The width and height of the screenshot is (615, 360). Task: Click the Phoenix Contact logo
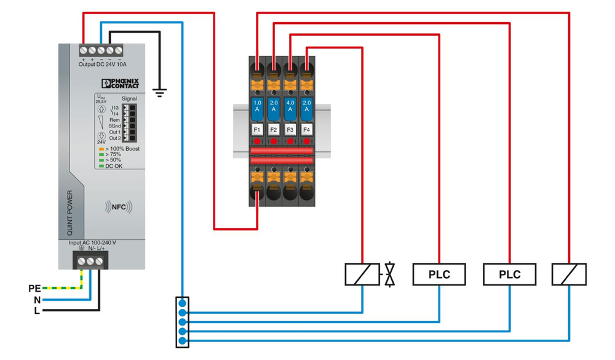[x=121, y=83]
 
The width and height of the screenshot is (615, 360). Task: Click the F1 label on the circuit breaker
[x=258, y=130]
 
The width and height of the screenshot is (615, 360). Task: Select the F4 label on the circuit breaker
[x=306, y=130]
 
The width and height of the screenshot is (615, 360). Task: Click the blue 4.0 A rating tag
[x=290, y=105]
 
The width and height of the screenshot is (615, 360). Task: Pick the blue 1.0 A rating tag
[x=258, y=105]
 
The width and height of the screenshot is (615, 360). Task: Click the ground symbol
[x=161, y=93]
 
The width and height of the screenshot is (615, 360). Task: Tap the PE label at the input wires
[x=34, y=288]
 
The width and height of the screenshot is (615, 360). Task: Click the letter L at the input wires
[x=37, y=311]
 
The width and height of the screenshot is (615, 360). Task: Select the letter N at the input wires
[x=37, y=300]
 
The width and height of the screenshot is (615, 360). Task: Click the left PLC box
[x=439, y=274]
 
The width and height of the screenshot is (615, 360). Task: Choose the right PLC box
[x=509, y=274]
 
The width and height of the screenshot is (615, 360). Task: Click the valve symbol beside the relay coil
[x=389, y=274]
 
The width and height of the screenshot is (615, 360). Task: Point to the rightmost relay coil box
[x=569, y=274]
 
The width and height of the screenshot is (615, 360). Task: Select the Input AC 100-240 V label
[x=92, y=243]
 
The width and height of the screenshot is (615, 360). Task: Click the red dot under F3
[x=290, y=141]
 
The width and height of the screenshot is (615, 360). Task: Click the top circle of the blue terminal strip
[x=182, y=303]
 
